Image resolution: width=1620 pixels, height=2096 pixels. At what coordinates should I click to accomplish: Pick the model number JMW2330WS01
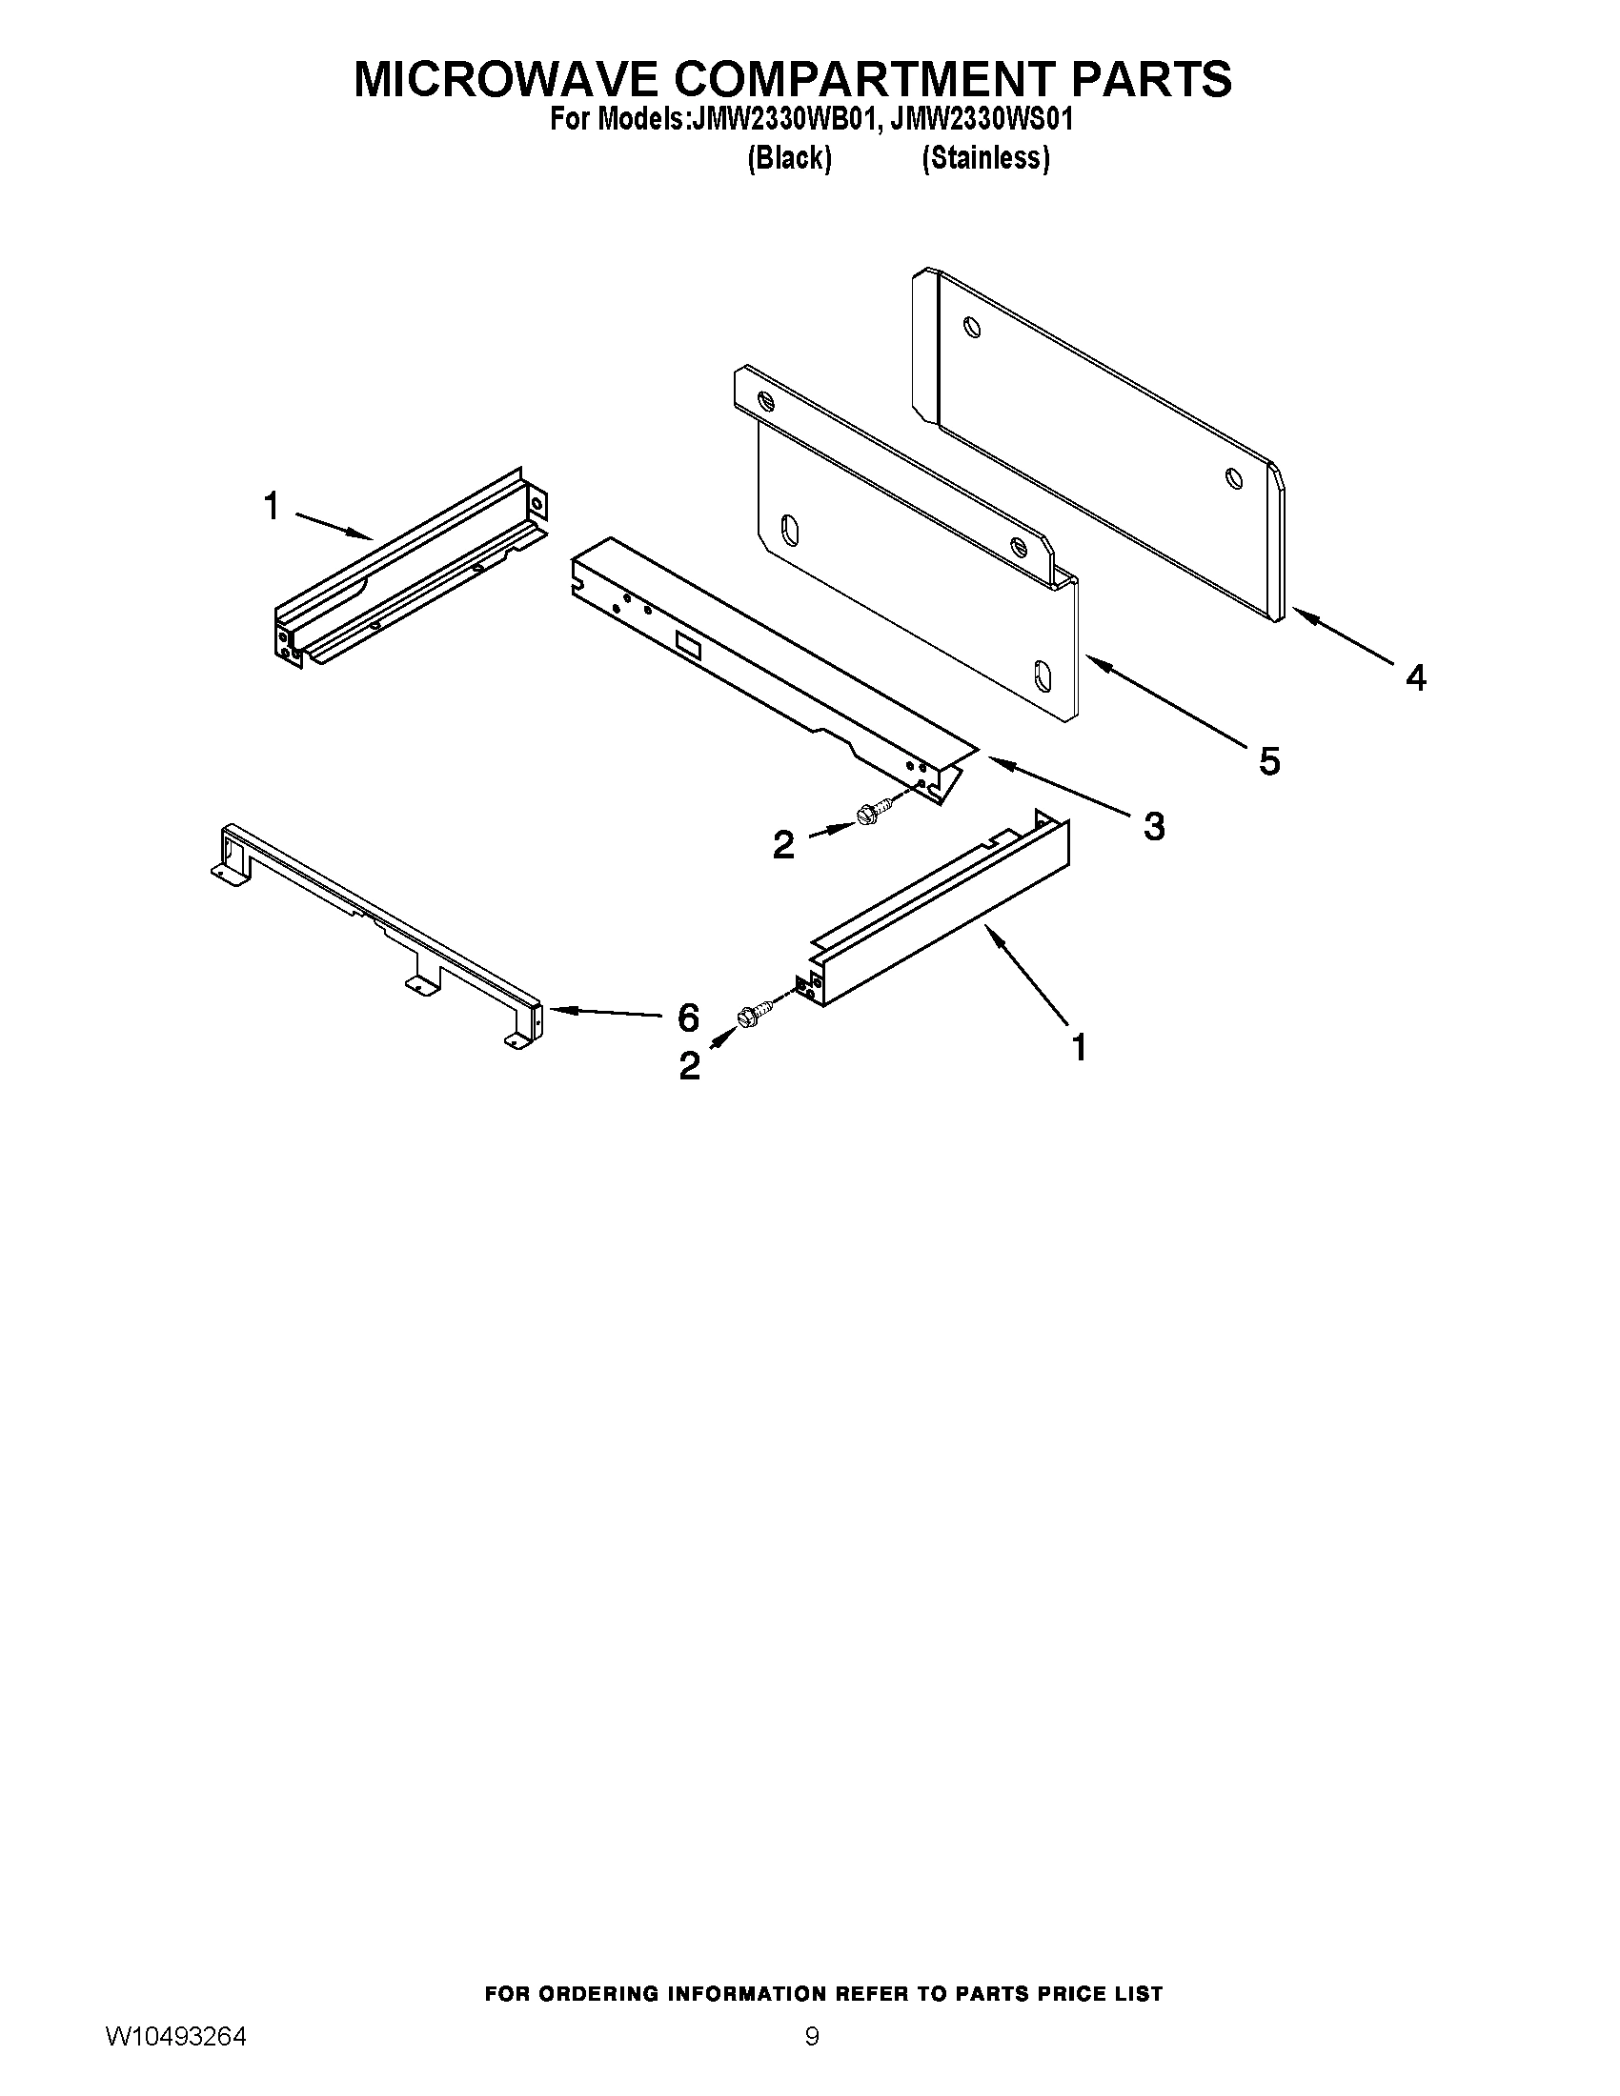pos(982,120)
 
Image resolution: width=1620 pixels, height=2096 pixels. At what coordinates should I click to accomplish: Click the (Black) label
pos(789,158)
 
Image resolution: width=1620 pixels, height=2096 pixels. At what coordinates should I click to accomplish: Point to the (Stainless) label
pos(985,158)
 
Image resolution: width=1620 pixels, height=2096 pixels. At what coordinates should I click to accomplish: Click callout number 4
pos(1415,678)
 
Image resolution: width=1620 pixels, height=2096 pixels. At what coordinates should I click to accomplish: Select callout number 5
pos(1268,762)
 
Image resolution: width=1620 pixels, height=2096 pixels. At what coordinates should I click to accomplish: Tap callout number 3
pos(1154,825)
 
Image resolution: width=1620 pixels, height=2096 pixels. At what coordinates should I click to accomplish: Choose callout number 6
pos(688,1017)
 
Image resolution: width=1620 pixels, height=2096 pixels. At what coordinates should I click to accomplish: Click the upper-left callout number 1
pos(272,506)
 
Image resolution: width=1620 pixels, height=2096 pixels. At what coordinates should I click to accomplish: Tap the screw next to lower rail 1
pos(753,1014)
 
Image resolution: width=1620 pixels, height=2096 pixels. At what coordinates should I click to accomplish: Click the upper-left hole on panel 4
pos(973,329)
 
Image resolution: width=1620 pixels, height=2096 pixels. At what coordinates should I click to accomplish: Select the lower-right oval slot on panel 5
pos(1042,674)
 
